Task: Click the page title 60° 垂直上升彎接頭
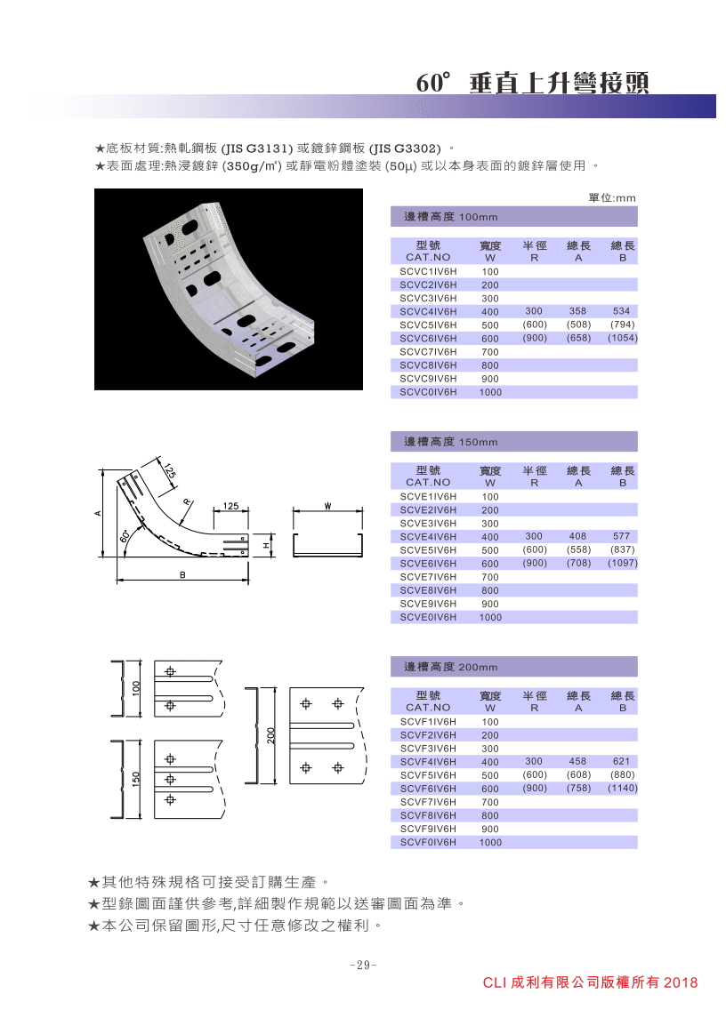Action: pyautogui.click(x=532, y=83)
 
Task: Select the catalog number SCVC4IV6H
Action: pyautogui.click(x=428, y=312)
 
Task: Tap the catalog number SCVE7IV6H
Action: pyautogui.click(x=428, y=577)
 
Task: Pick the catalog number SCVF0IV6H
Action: pyautogui.click(x=428, y=842)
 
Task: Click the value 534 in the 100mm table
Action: pyautogui.click(x=622, y=312)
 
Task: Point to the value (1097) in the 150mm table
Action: pyautogui.click(x=622, y=564)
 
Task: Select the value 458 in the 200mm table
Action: pyautogui.click(x=577, y=762)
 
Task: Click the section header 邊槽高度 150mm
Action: pyautogui.click(x=451, y=442)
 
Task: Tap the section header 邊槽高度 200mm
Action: pyautogui.click(x=451, y=667)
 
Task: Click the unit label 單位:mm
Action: pyautogui.click(x=612, y=198)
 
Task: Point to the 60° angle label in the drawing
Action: pyautogui.click(x=125, y=536)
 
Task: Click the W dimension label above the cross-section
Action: pyautogui.click(x=328, y=507)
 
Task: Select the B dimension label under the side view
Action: pyautogui.click(x=182, y=575)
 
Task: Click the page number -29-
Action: pyautogui.click(x=363, y=965)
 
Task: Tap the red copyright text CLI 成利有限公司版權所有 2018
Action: pyautogui.click(x=590, y=982)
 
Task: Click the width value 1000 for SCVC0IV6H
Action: pyautogui.click(x=490, y=392)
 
